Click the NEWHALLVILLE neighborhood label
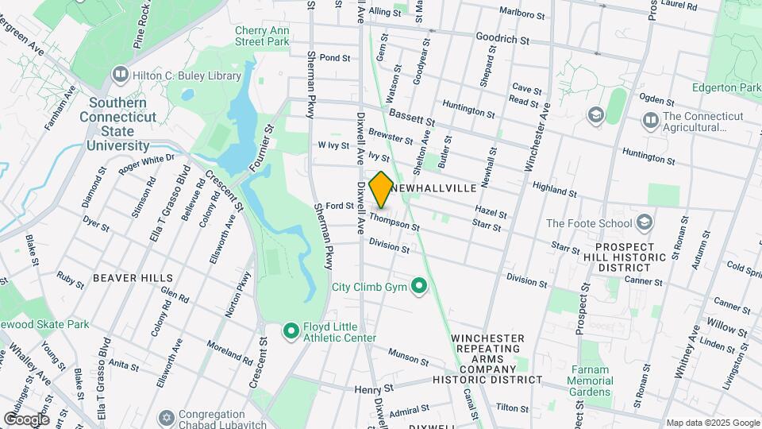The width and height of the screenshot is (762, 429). [433, 188]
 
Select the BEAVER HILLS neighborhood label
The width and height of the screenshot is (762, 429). [133, 278]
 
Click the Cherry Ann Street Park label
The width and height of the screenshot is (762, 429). [261, 37]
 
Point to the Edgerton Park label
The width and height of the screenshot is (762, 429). [725, 88]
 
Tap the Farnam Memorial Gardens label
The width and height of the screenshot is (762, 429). [589, 381]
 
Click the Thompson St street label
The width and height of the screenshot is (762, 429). [394, 221]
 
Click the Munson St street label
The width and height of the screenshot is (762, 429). [409, 357]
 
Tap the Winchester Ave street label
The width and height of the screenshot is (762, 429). [537, 136]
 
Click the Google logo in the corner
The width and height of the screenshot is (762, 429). [26, 419]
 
